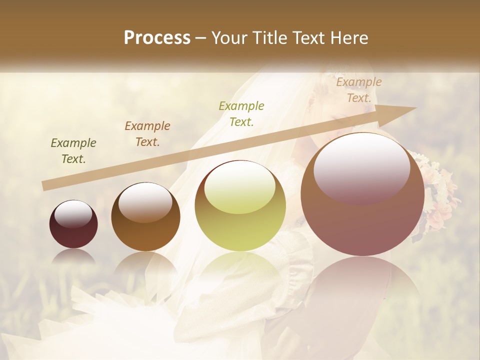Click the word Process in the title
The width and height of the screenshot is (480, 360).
[157, 38]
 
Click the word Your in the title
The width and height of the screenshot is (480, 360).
[229, 38]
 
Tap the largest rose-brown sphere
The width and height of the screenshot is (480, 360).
[362, 220]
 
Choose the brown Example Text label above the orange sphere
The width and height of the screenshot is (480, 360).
[147, 134]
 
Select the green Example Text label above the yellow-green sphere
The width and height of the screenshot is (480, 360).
[241, 114]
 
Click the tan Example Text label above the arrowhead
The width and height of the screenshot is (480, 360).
[359, 90]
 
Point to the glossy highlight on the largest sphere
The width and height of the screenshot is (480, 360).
[361, 167]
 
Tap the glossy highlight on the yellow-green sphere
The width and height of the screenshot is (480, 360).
[240, 187]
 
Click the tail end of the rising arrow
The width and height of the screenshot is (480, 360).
[46, 186]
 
